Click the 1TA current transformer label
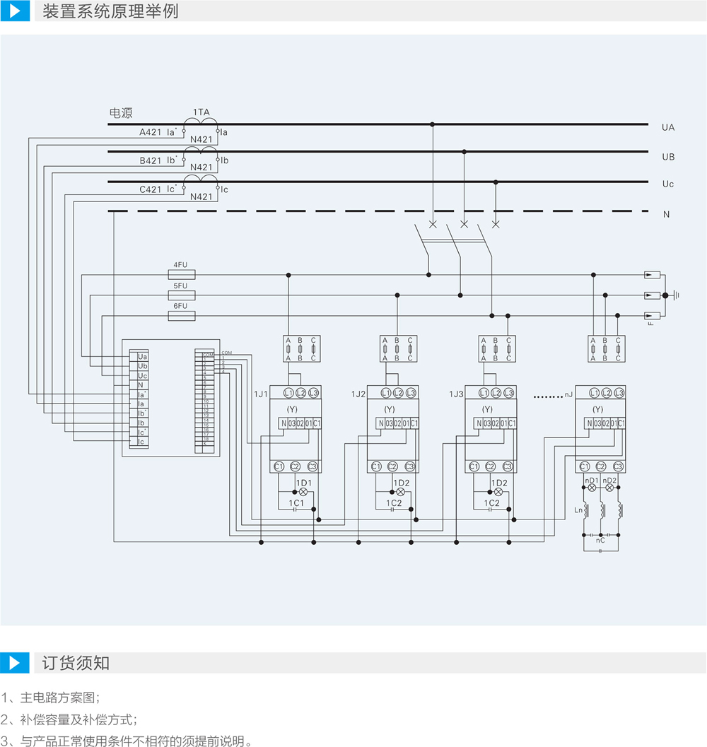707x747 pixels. click(201, 112)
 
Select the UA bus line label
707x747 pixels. click(668, 128)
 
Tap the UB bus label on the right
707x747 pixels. click(668, 156)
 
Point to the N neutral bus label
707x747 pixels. click(666, 214)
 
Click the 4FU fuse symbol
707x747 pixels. click(181, 275)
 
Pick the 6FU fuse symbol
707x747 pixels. click(181, 316)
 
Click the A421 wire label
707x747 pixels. click(150, 132)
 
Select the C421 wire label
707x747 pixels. click(150, 190)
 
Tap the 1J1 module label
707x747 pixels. click(260, 394)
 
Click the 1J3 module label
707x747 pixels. click(456, 394)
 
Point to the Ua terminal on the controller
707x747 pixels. click(143, 358)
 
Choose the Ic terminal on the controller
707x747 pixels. click(141, 442)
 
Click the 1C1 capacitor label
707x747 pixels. click(296, 503)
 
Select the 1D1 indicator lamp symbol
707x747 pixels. click(304, 490)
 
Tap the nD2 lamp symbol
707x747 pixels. click(609, 488)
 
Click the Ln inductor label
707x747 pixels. click(578, 510)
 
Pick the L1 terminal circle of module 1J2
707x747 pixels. click(385, 393)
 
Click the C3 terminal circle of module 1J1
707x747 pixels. click(312, 466)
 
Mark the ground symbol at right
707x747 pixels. click(676, 295)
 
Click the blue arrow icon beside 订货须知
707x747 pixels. click(15, 663)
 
